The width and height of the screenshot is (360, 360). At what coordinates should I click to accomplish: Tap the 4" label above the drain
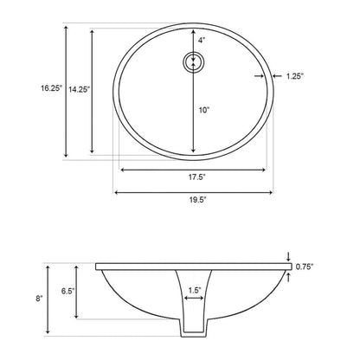click(202, 41)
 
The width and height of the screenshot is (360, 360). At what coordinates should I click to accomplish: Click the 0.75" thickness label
click(304, 267)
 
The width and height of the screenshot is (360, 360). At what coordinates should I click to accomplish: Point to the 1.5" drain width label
click(195, 290)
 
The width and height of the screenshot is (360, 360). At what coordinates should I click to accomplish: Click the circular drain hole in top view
click(194, 61)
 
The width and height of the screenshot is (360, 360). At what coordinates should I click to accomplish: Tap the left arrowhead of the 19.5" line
click(116, 191)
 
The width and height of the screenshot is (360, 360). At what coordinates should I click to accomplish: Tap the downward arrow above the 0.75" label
click(288, 256)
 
